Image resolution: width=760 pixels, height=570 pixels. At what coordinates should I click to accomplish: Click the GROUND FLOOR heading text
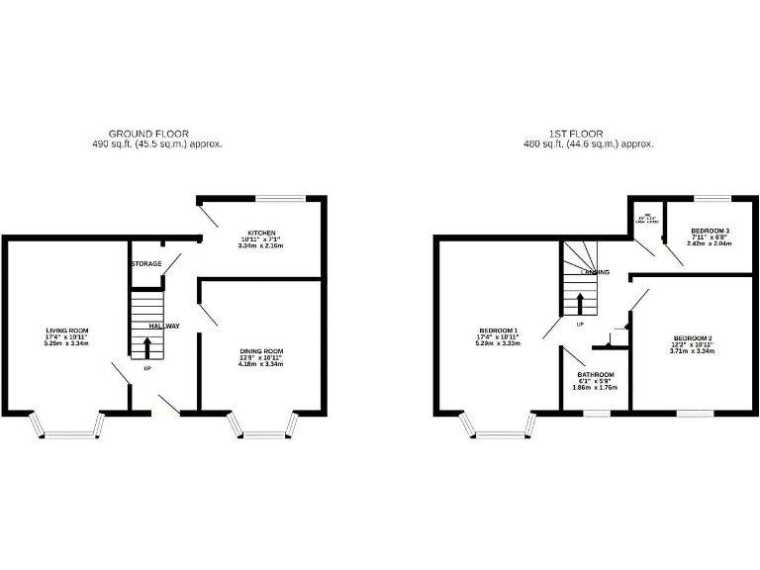[x=148, y=134]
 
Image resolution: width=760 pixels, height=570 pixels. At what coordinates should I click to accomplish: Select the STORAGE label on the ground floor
[x=145, y=264]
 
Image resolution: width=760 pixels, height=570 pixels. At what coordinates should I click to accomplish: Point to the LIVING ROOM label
[x=67, y=331]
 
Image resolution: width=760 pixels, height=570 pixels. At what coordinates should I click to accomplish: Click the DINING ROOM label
[x=261, y=351]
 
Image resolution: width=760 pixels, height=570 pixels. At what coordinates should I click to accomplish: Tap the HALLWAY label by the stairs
[x=164, y=326]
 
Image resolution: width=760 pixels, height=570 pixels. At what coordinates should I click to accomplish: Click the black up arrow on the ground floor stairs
[x=147, y=347]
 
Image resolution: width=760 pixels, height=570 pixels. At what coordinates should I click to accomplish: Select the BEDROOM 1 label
[x=499, y=331]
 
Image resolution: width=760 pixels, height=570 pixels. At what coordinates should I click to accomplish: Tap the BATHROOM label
[x=595, y=375]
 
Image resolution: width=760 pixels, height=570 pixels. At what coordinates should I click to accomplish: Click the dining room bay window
[x=262, y=426]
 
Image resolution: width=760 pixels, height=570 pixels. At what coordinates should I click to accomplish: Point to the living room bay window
[x=67, y=427]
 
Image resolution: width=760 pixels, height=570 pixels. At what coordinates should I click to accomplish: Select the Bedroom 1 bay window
[x=499, y=427]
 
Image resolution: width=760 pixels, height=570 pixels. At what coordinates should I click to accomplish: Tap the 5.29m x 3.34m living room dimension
[x=67, y=344]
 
